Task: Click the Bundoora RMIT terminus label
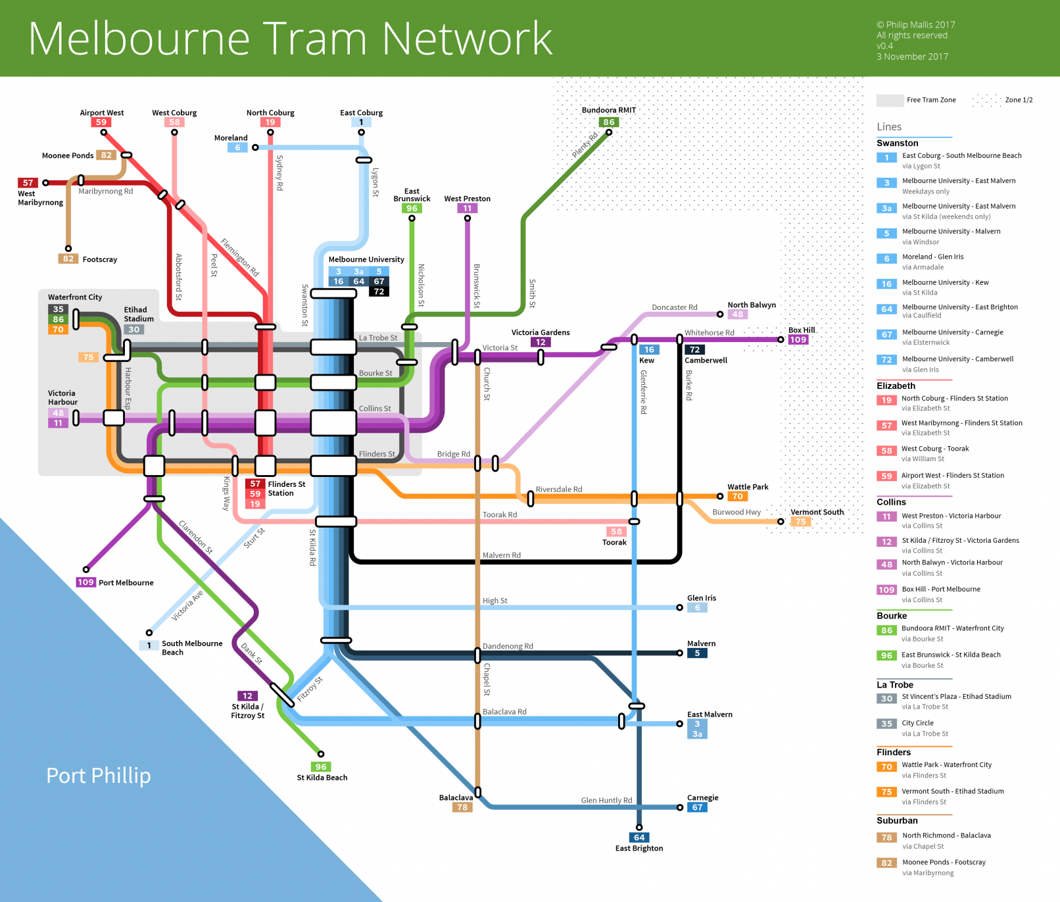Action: (x=608, y=110)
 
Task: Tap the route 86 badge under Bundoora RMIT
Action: (x=609, y=122)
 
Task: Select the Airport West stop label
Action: (x=102, y=113)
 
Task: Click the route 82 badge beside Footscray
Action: (x=68, y=259)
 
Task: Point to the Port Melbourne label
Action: (x=126, y=582)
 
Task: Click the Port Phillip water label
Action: (x=99, y=776)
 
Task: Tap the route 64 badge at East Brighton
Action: (x=639, y=838)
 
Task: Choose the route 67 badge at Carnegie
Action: (x=698, y=807)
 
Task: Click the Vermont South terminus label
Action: (x=817, y=512)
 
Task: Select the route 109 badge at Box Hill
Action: (x=798, y=339)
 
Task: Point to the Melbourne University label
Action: (x=366, y=259)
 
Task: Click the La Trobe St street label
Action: (x=378, y=338)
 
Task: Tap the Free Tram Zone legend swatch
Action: (x=890, y=100)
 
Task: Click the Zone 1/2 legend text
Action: (x=1019, y=100)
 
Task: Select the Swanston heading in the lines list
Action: (x=898, y=143)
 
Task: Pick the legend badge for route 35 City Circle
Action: (x=887, y=724)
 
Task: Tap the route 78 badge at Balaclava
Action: (x=463, y=807)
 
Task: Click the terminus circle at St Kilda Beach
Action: (x=321, y=754)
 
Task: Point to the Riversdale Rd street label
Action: (x=559, y=489)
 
